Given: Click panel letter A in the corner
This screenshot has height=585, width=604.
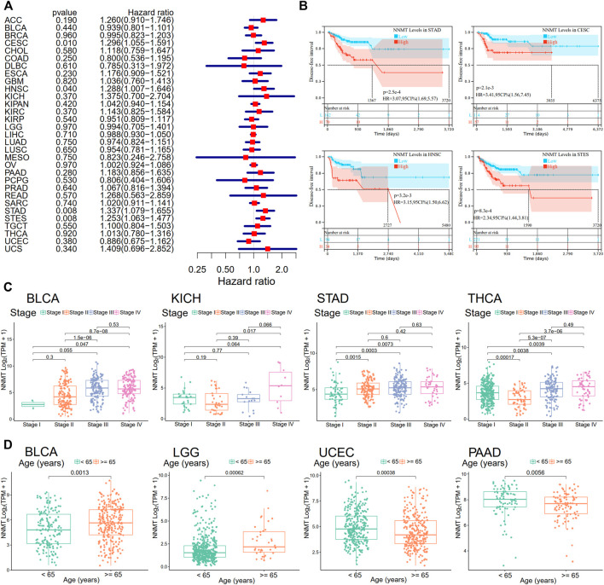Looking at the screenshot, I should (7, 8).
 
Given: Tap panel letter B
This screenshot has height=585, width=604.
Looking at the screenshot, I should (309, 8).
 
